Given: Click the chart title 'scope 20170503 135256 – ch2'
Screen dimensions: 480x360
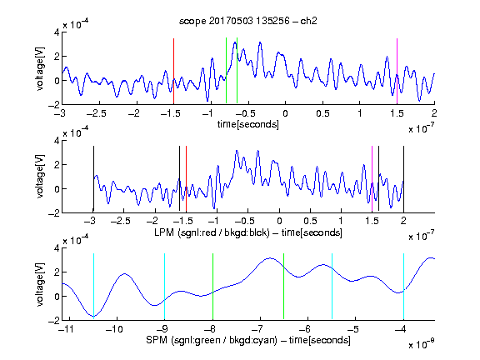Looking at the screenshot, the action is point(247,21).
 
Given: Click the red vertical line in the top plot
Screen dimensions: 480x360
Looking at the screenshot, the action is point(173,72).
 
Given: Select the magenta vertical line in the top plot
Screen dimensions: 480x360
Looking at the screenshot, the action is point(397,72).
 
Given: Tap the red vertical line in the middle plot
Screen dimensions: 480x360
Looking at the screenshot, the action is point(186,179).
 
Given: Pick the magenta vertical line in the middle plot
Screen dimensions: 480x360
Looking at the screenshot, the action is point(372,179).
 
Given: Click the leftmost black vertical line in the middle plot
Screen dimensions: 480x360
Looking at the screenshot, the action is point(93,179).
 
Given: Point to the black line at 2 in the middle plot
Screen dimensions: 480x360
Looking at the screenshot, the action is point(403,179).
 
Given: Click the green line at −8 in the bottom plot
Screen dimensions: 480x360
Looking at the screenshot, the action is point(212,286).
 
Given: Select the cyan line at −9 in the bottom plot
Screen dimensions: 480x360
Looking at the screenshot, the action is point(164,286).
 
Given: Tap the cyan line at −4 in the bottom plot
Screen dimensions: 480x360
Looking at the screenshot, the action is point(403,286).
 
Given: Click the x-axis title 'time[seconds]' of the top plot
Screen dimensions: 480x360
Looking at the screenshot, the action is point(248,125).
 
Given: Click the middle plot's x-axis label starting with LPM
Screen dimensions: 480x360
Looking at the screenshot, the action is point(248,232).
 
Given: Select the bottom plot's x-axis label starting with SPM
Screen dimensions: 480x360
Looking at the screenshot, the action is point(248,340).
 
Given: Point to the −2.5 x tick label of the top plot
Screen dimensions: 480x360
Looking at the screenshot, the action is point(96,113).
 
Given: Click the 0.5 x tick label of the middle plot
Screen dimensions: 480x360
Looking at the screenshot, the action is point(310,221).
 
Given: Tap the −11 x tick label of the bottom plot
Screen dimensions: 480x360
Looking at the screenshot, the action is point(67,329).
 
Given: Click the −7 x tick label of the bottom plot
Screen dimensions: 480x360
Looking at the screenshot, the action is point(260,329).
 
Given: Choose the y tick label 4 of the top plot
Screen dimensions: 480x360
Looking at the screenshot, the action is point(57,32).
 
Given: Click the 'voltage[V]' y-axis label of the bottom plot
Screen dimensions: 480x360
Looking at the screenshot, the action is point(40,284).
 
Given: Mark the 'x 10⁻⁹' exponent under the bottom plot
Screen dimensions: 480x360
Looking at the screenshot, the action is point(422,343).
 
